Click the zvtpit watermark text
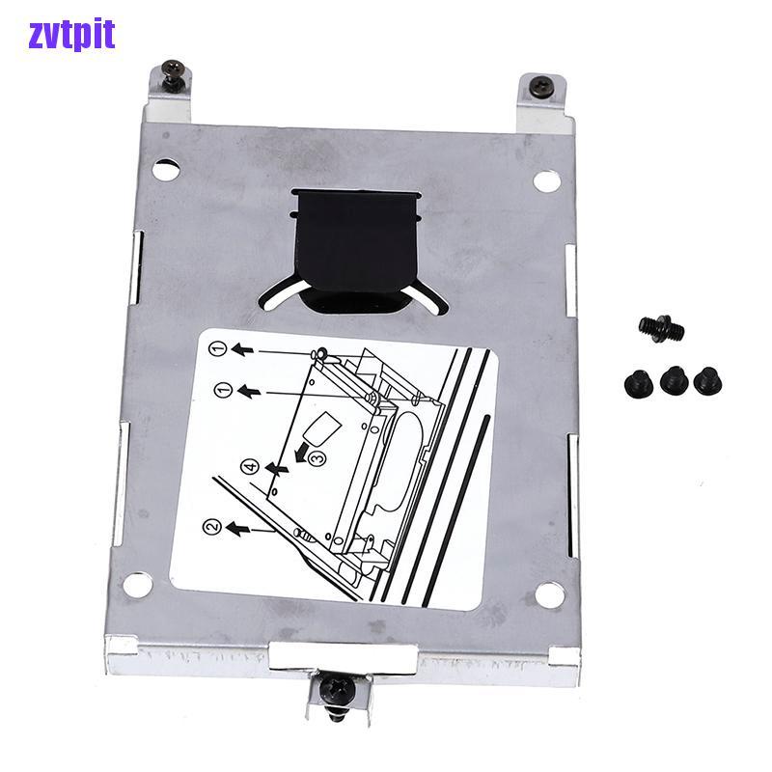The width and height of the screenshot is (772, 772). (x=71, y=34)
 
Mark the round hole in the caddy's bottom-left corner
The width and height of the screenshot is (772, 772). (x=138, y=584)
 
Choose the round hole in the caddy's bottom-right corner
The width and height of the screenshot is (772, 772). (x=549, y=593)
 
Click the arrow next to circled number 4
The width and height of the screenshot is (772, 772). (x=278, y=469)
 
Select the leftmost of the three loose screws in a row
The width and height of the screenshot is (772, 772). (x=639, y=382)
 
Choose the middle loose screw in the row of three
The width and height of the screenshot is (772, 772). (x=673, y=379)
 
